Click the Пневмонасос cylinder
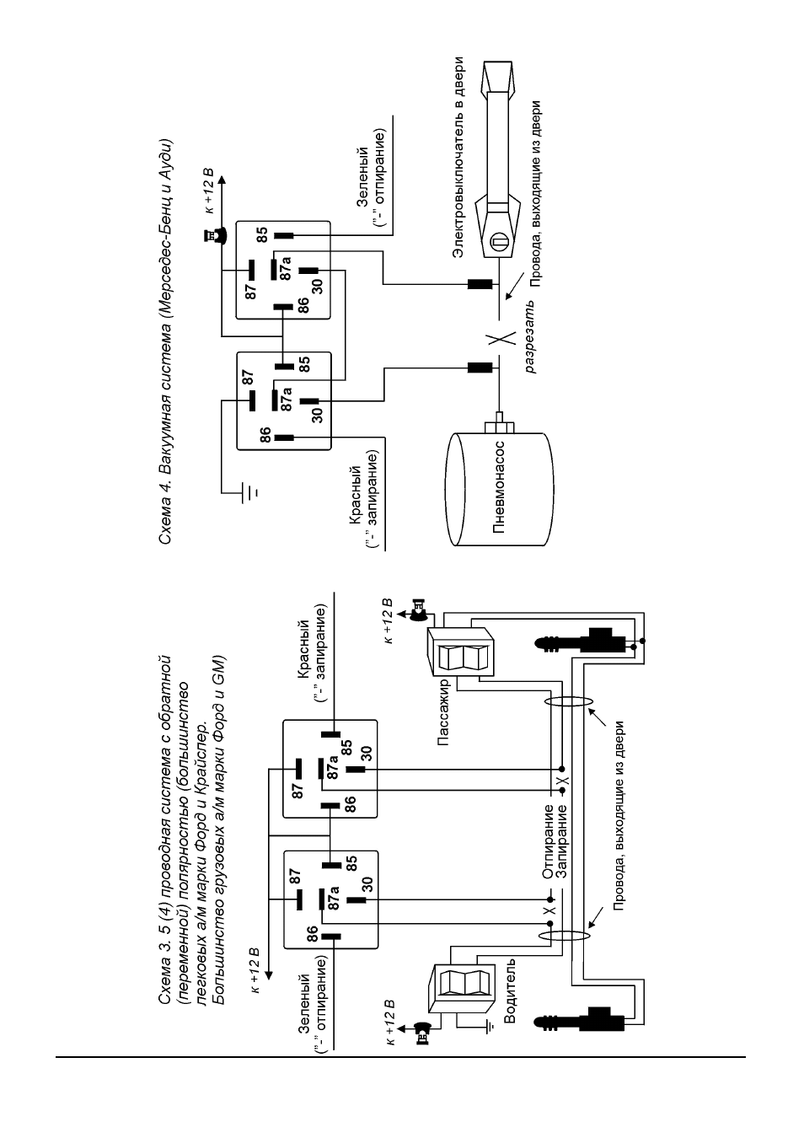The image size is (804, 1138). click(501, 489)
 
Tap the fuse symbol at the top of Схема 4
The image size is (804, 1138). click(214, 235)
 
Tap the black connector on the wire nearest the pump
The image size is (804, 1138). click(480, 368)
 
